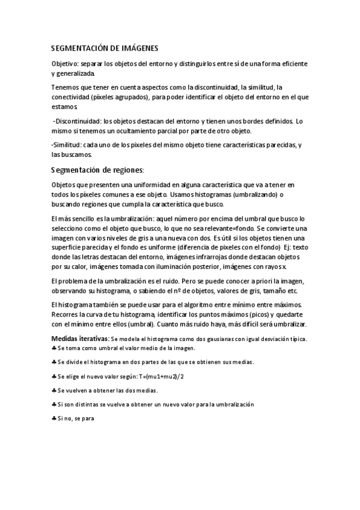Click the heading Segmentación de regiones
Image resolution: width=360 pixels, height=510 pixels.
pyautogui.click(x=97, y=170)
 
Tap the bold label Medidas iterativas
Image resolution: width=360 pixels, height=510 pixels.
pyautogui.click(x=80, y=339)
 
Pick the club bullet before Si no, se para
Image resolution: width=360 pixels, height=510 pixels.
pyautogui.click(x=54, y=419)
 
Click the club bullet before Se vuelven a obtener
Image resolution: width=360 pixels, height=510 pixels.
pyautogui.click(x=54, y=390)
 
